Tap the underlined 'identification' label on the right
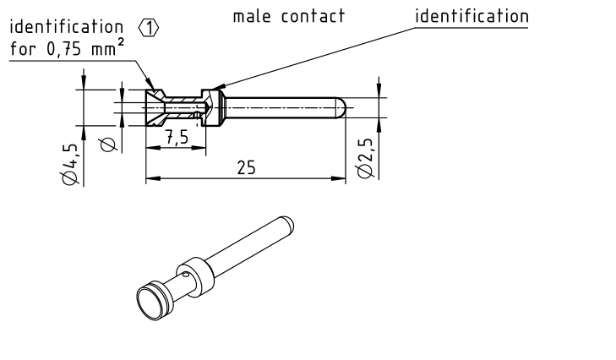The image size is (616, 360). pyautogui.click(x=472, y=16)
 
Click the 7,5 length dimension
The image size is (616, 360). pyautogui.click(x=176, y=138)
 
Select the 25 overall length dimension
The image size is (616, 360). pyautogui.click(x=246, y=167)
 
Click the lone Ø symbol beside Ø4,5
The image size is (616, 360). pyautogui.click(x=108, y=145)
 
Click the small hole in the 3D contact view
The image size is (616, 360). pyautogui.click(x=185, y=275)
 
